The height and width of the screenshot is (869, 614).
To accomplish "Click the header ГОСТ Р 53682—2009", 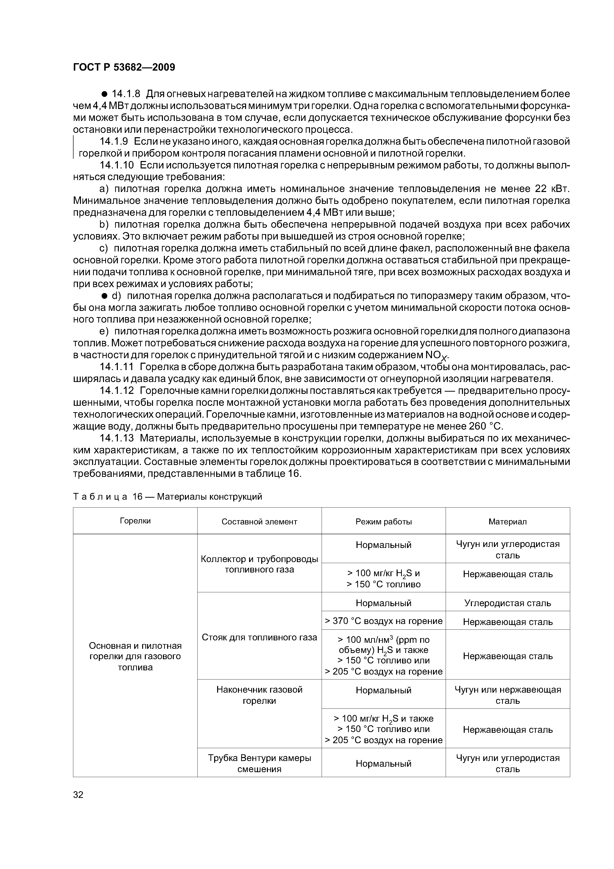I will click(x=124, y=67).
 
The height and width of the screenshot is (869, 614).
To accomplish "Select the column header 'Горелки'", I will click(x=135, y=521).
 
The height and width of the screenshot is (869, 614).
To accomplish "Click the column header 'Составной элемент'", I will click(x=259, y=521).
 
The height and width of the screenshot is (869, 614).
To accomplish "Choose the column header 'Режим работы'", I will click(x=383, y=521).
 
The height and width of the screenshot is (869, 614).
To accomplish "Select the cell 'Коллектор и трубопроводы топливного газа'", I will click(x=259, y=564).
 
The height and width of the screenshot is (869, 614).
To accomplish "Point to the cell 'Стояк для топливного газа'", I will click(x=259, y=637).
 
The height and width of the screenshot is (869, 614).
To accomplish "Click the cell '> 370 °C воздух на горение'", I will click(x=383, y=621).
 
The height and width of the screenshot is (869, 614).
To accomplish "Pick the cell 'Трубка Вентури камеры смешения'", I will click(x=259, y=763).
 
